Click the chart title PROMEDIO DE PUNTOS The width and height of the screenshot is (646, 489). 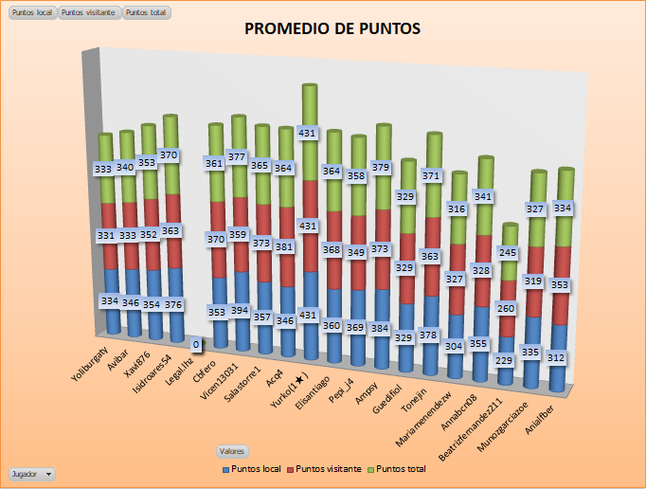(332, 28)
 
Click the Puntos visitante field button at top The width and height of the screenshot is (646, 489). (89, 12)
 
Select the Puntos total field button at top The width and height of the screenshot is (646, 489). (146, 12)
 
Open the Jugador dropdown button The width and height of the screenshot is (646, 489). (31, 473)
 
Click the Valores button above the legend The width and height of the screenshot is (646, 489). (232, 451)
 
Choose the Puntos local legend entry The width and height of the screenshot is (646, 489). (253, 469)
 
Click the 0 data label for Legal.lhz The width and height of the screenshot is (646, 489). (196, 343)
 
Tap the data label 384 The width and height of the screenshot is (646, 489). (380, 328)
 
